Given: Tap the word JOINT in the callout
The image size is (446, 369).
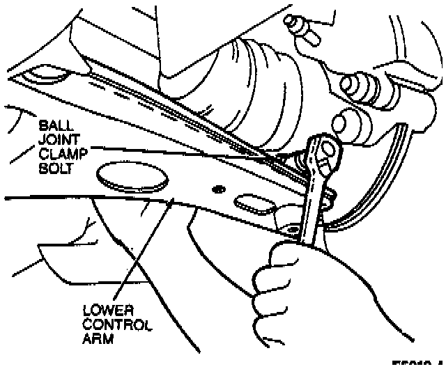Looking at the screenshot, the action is pyautogui.click(x=56, y=139).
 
